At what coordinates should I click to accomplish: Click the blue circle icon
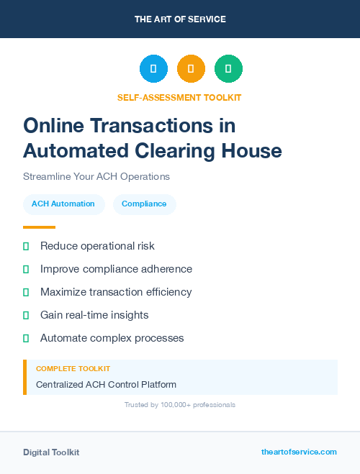pos(153,69)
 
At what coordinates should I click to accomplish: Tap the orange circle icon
pos(191,69)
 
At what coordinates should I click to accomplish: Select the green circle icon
pos(228,69)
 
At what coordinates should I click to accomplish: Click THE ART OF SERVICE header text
pos(180,19)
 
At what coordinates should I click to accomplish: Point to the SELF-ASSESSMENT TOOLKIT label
pos(179,97)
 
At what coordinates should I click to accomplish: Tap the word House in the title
pos(251,151)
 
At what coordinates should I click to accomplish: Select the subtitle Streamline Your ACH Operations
pos(96,176)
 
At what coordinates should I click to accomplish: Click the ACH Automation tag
pos(63,204)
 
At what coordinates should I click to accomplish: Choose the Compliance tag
pos(144,204)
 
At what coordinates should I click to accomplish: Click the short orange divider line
pos(39,227)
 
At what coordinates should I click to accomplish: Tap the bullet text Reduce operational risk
pos(97,246)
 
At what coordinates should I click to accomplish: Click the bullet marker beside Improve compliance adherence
pos(26,269)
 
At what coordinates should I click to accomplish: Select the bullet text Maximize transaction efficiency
pos(116,292)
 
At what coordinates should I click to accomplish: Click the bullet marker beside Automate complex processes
pos(26,338)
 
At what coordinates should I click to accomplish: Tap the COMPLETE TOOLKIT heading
pos(73,368)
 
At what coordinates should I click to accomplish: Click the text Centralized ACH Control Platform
pos(106,384)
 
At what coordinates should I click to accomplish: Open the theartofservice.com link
pos(299,452)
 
